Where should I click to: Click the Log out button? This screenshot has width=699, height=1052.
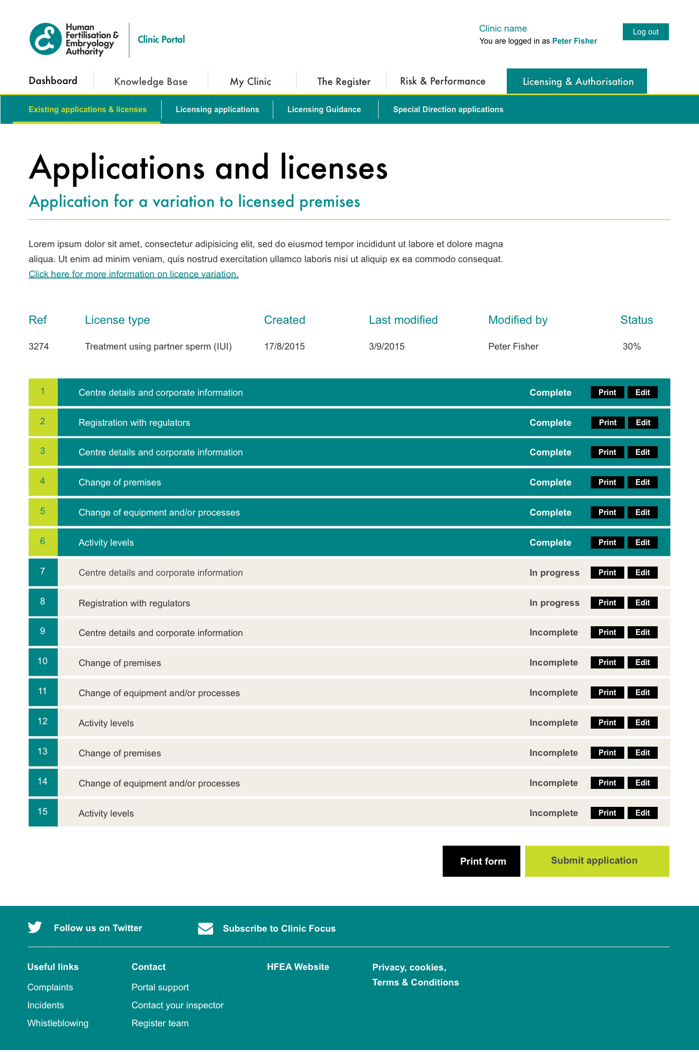pos(645,32)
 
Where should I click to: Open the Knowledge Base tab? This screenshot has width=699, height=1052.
pos(150,82)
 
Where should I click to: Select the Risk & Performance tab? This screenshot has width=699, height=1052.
pos(442,81)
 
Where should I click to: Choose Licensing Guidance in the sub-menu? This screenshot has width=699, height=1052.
pos(324,110)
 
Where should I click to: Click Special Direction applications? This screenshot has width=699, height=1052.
pos(448,110)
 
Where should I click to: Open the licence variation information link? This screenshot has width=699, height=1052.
pos(133,274)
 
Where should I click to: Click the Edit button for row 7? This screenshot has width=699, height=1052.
pos(642,573)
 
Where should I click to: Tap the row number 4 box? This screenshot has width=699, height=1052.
pos(43,482)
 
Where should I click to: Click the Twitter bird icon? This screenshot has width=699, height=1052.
pos(35,927)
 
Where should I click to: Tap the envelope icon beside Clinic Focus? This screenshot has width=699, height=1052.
pos(205,928)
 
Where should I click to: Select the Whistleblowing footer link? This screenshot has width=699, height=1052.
pos(58,1023)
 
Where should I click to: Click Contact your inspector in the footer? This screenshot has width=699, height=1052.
pos(177,1005)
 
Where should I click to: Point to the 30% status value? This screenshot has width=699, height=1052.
pos(632,347)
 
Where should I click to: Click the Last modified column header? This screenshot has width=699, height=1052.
pos(403,320)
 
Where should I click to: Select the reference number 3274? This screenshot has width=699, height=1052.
pos(39,347)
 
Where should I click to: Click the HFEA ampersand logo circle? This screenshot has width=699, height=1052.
pos(46,39)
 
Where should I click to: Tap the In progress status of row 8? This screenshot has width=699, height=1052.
pos(554,603)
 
